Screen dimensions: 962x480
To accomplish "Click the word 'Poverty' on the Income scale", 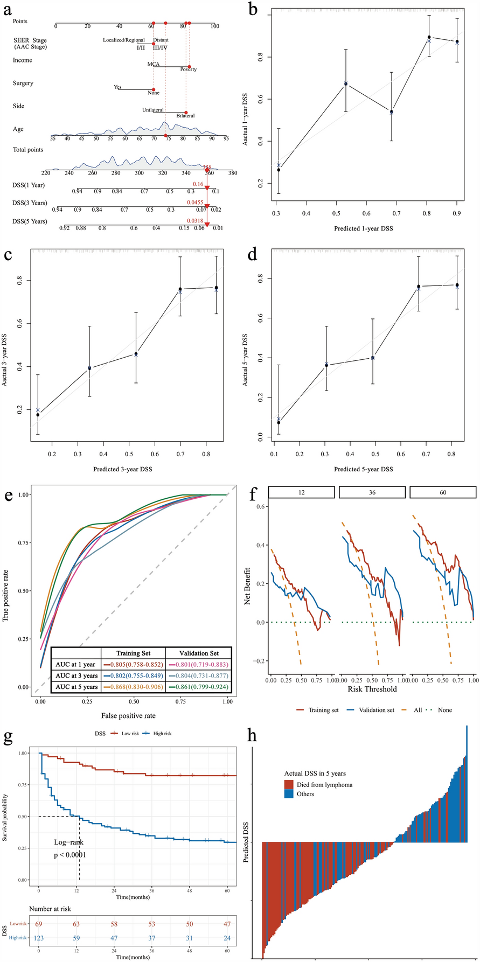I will (x=189, y=69).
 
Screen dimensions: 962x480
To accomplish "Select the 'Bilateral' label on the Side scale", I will (x=185, y=116).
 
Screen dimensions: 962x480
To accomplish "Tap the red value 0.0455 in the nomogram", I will (x=194, y=202).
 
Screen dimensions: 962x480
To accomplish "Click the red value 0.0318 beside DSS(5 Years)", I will (x=194, y=221).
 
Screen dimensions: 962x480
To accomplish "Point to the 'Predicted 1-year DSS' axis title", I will (x=364, y=228).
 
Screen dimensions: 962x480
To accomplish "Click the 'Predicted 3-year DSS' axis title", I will (x=123, y=469).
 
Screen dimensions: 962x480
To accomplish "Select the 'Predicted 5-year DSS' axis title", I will (x=364, y=469).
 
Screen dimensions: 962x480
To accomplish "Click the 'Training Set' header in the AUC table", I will (x=133, y=653).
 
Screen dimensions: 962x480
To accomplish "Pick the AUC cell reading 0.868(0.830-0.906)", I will (x=133, y=686).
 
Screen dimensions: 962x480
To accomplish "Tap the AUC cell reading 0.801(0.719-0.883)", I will (x=199, y=664).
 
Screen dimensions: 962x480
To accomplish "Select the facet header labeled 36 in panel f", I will (x=372, y=492).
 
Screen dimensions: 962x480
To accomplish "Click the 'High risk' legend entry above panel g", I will (x=162, y=733).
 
